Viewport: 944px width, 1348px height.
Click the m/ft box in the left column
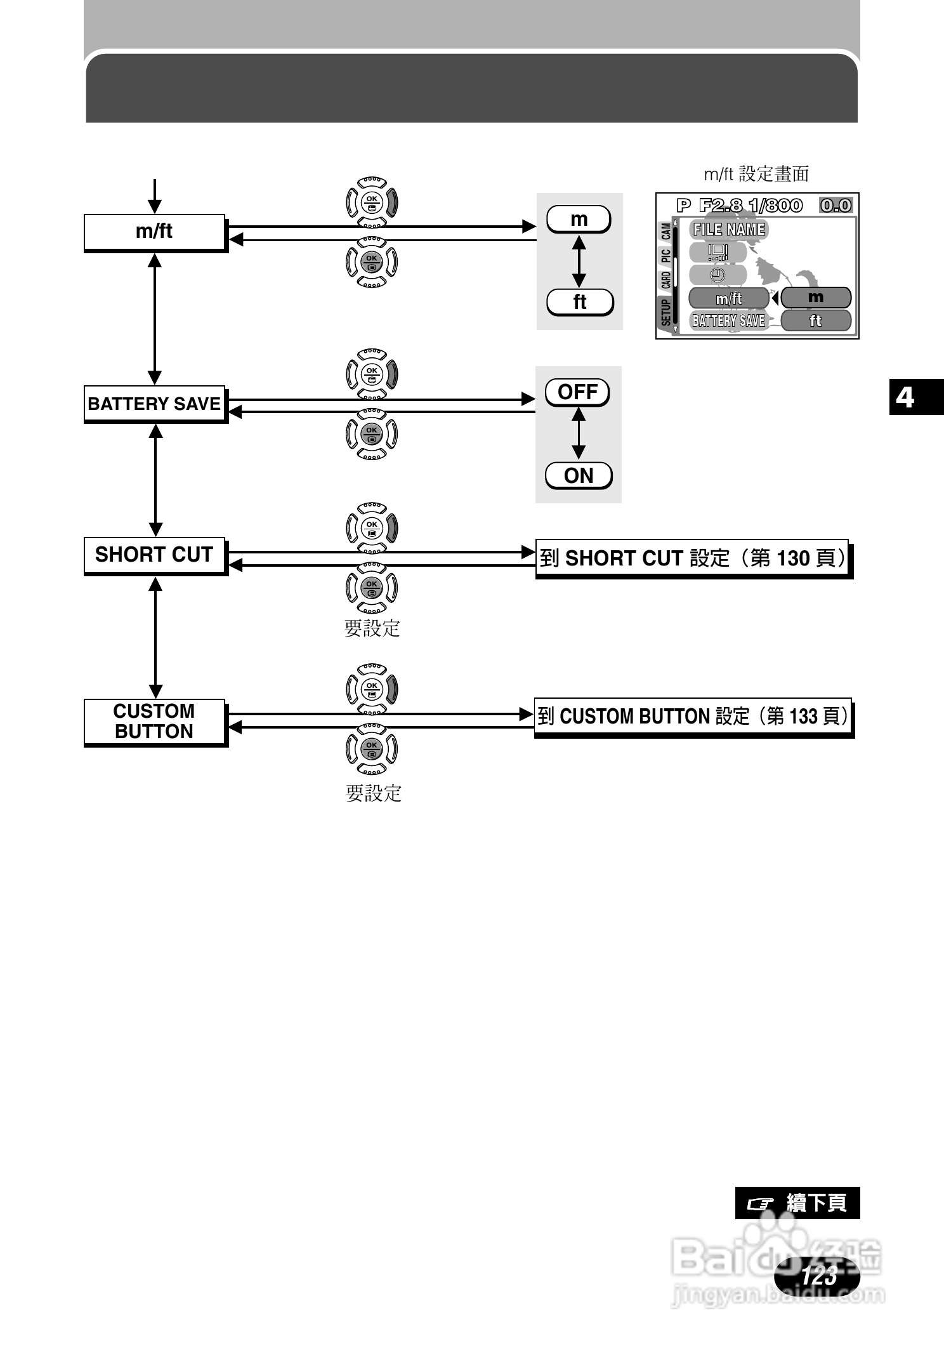pyautogui.click(x=154, y=232)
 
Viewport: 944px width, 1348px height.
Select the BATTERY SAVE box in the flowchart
pyautogui.click(x=154, y=404)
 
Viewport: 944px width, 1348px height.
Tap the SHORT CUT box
pyautogui.click(x=154, y=555)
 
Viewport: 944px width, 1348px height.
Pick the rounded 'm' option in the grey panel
pyautogui.click(x=579, y=220)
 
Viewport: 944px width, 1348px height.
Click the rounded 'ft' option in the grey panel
pyautogui.click(x=579, y=302)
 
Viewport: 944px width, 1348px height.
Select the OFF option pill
pyautogui.click(x=577, y=392)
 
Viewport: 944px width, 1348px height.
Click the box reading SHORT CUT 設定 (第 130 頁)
pyautogui.click(x=693, y=558)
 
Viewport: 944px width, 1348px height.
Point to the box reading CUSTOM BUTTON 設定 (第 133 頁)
pyautogui.click(x=693, y=717)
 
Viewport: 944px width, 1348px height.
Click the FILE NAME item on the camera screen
pyautogui.click(x=729, y=230)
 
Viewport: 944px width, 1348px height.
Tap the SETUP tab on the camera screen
pyautogui.click(x=665, y=312)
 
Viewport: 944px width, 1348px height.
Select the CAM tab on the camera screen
pyautogui.click(x=665, y=232)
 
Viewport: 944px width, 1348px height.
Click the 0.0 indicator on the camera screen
pyautogui.click(x=836, y=206)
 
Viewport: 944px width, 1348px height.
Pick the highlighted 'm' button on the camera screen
pyautogui.click(x=816, y=297)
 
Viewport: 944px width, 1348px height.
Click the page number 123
pyautogui.click(x=818, y=1275)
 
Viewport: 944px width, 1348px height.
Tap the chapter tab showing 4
pyautogui.click(x=905, y=397)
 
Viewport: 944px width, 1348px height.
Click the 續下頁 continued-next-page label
pyautogui.click(x=797, y=1203)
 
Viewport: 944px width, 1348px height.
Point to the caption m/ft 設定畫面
pyautogui.click(x=756, y=174)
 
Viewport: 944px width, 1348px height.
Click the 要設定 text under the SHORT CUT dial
pyautogui.click(x=372, y=628)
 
